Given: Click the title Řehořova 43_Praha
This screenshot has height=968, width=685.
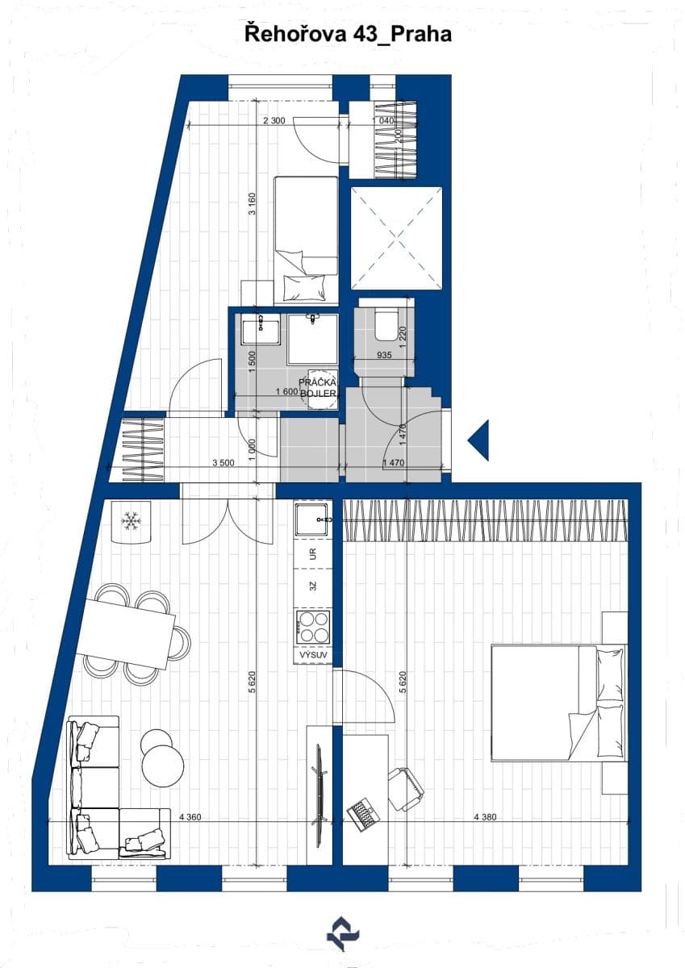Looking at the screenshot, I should point(348,35).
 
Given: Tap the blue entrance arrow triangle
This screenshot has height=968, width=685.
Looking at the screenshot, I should point(479,440).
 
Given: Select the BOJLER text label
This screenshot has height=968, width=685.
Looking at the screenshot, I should point(317,394).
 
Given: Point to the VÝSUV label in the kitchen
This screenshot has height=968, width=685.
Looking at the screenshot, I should point(313,655).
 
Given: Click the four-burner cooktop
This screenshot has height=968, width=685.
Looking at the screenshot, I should point(313,627).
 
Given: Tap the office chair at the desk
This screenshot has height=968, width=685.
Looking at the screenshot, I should point(406,787).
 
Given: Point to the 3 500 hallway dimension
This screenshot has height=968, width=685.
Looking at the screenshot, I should point(223,463).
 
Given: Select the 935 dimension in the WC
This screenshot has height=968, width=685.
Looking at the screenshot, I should point(383,354).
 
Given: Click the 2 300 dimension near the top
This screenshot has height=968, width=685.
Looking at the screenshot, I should point(274,121).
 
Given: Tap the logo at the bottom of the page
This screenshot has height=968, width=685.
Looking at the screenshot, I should point(343,934).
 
